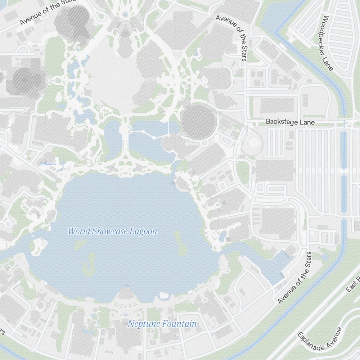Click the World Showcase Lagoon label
coord(112,231)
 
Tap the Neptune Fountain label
coord(162,324)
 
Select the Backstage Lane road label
coord(290,122)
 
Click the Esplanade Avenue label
coord(319,339)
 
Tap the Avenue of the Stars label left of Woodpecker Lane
coord(232,37)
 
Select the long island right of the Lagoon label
coord(179,244)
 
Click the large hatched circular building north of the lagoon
coord(198,122)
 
